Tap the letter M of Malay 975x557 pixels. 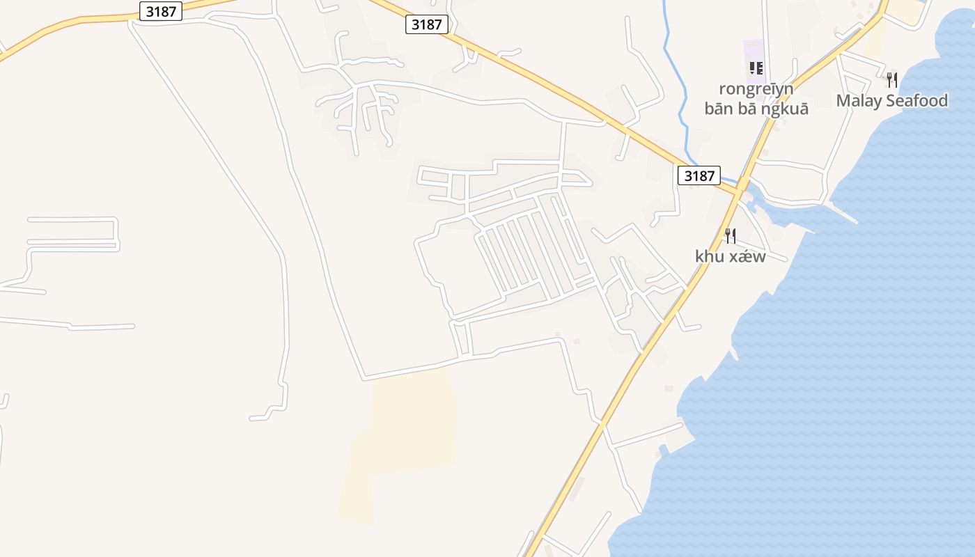coord(843,101)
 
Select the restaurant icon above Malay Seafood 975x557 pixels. coord(891,79)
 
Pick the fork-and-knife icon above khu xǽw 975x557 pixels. coord(730,236)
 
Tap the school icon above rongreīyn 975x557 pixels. coord(756,68)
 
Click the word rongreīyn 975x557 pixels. coord(756,89)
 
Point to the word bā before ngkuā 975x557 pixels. coord(747,109)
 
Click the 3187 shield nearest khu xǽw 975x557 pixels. coord(699,175)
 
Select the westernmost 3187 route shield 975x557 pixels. coord(160,11)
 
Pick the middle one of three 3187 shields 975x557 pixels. coord(426,24)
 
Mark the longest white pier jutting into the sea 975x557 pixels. coord(839,213)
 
